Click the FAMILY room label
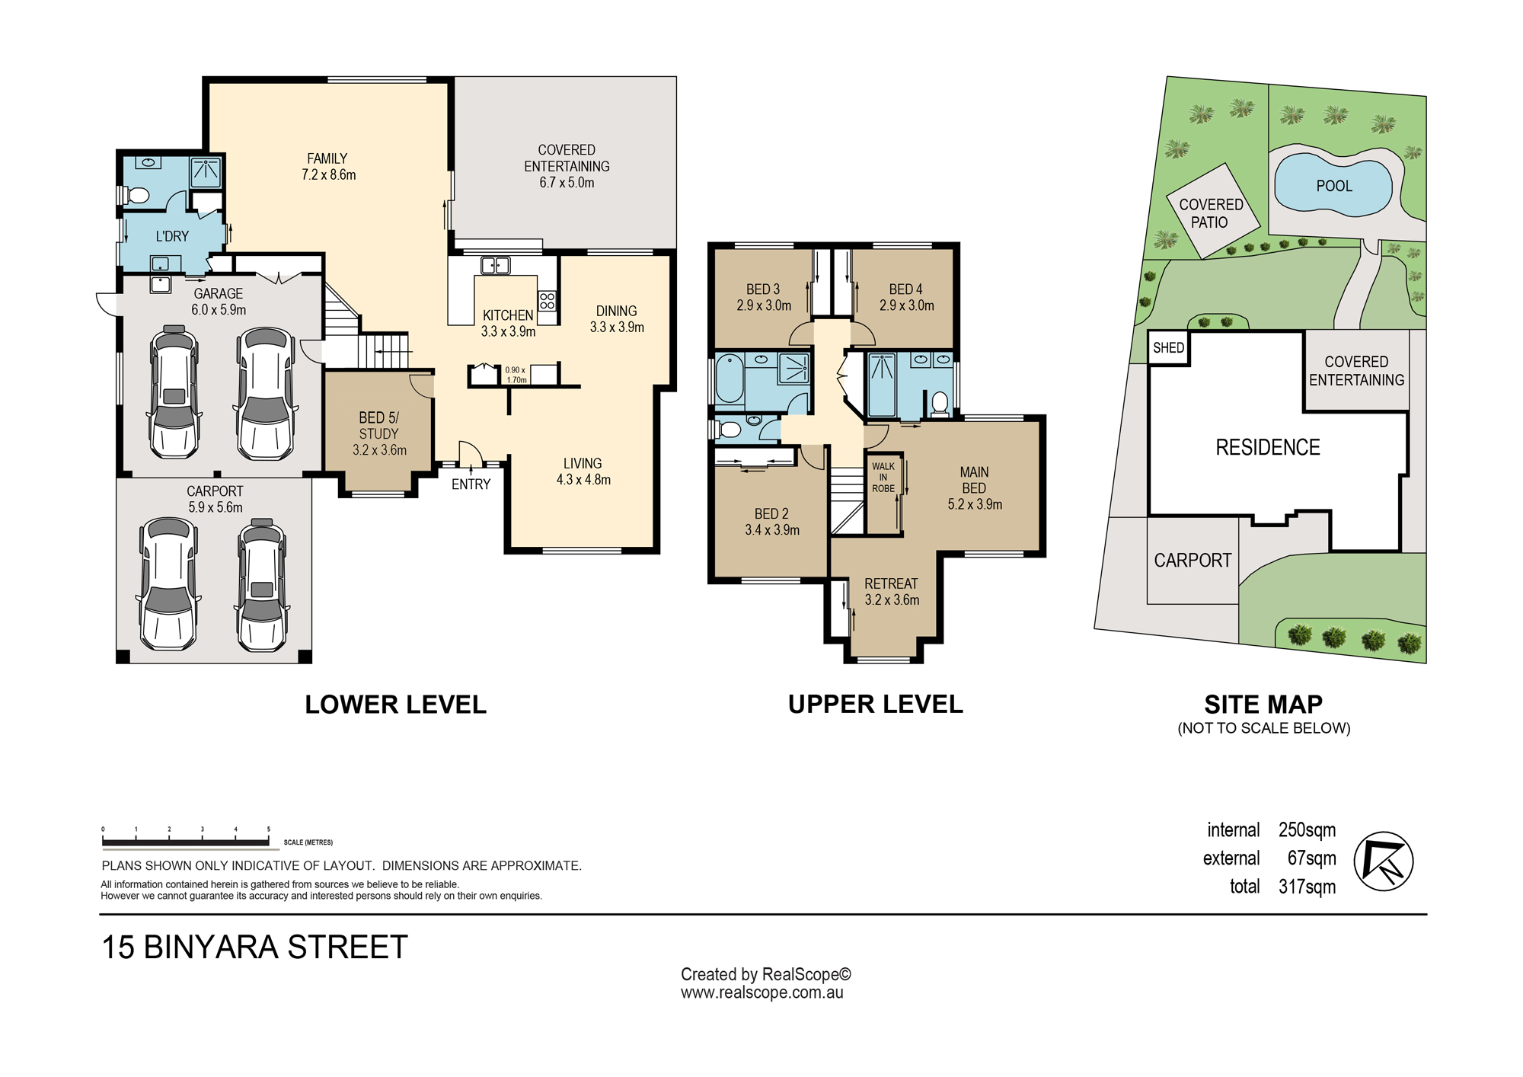coord(327,158)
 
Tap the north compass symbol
coord(1384,861)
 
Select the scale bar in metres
coord(186,842)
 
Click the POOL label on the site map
coord(1334,186)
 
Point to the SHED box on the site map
coord(1168,348)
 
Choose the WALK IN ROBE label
coord(883,478)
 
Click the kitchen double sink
coord(495,265)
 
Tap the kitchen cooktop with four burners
coord(547,300)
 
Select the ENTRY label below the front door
coord(471,484)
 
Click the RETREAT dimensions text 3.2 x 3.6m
coord(892,600)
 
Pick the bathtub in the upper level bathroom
coord(729,379)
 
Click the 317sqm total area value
coord(1307,887)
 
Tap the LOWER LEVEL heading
coord(395,705)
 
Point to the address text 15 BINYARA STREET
coord(254,948)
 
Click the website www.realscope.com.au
coord(761,992)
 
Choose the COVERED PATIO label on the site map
coord(1211,213)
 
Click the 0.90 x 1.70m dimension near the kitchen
coord(516,375)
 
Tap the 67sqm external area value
coord(1311,858)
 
